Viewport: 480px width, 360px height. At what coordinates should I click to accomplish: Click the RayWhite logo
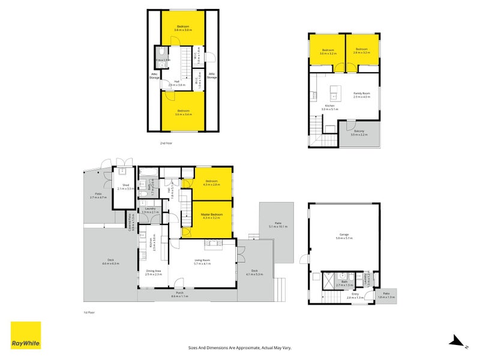(26, 335)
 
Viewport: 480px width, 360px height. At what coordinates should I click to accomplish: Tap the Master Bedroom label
(212, 215)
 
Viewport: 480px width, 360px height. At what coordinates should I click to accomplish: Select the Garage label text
(344, 236)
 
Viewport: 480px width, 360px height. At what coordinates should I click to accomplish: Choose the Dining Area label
(154, 271)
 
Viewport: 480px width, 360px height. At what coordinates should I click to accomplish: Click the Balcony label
(359, 131)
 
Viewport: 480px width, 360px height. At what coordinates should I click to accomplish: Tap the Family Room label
(361, 94)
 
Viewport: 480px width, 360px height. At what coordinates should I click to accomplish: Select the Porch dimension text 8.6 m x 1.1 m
(179, 296)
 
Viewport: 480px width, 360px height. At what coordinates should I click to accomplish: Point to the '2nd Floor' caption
(166, 143)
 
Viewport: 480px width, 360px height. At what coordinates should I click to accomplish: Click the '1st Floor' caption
(90, 312)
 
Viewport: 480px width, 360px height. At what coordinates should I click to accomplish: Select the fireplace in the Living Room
(213, 242)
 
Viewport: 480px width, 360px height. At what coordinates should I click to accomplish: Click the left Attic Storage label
(154, 76)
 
